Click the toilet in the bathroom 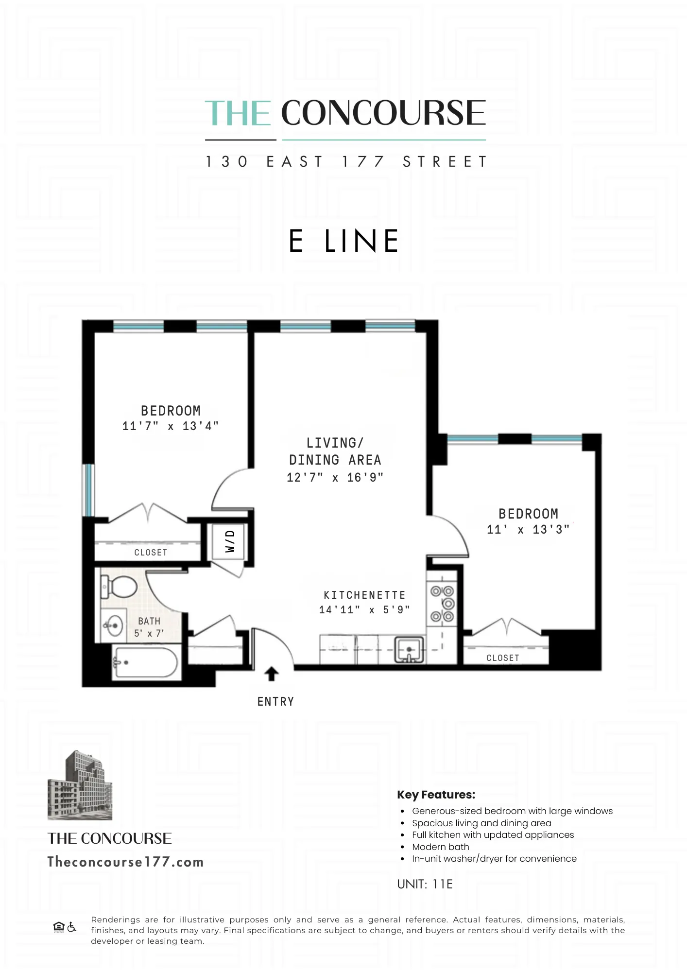(x=120, y=587)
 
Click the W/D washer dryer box (x=230, y=541)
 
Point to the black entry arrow (x=271, y=674)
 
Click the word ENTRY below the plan (x=275, y=701)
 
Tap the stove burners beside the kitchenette (x=442, y=604)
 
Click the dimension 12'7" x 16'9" (x=335, y=477)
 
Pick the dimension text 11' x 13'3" (x=528, y=529)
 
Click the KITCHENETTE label (x=364, y=595)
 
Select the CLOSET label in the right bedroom (x=502, y=658)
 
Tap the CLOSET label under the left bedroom (x=151, y=553)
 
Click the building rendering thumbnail (x=80, y=786)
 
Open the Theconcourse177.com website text (x=125, y=862)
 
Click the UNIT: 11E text (x=425, y=884)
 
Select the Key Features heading (x=436, y=795)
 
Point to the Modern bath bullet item (x=440, y=847)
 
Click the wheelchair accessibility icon (x=72, y=927)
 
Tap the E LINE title (x=343, y=241)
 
